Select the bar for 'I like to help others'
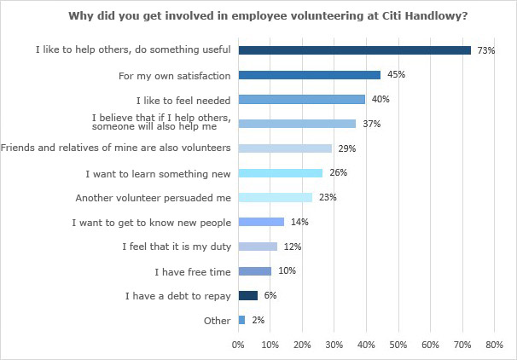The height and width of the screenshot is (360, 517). [355, 50]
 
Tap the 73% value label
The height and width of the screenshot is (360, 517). [486, 50]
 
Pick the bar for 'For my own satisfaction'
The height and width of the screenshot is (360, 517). [310, 75]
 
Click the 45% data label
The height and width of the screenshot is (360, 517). [396, 75]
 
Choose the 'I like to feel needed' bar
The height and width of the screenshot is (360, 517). [302, 99]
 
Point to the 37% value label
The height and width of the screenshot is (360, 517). [371, 124]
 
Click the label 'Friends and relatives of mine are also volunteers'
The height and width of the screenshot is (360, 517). [116, 148]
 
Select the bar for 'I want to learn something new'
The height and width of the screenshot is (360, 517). [281, 173]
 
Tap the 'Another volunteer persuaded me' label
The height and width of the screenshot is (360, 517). [154, 198]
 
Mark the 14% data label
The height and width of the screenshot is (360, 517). [299, 222]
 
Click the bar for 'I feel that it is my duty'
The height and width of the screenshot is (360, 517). [258, 247]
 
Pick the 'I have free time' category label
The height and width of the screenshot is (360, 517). [193, 271]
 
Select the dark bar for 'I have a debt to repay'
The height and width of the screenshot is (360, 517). [248, 296]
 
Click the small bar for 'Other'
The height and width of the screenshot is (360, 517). [242, 320]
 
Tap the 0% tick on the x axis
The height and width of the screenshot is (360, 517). [239, 345]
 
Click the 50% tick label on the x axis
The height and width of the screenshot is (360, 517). [398, 345]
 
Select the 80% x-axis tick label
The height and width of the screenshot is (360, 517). [494, 345]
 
